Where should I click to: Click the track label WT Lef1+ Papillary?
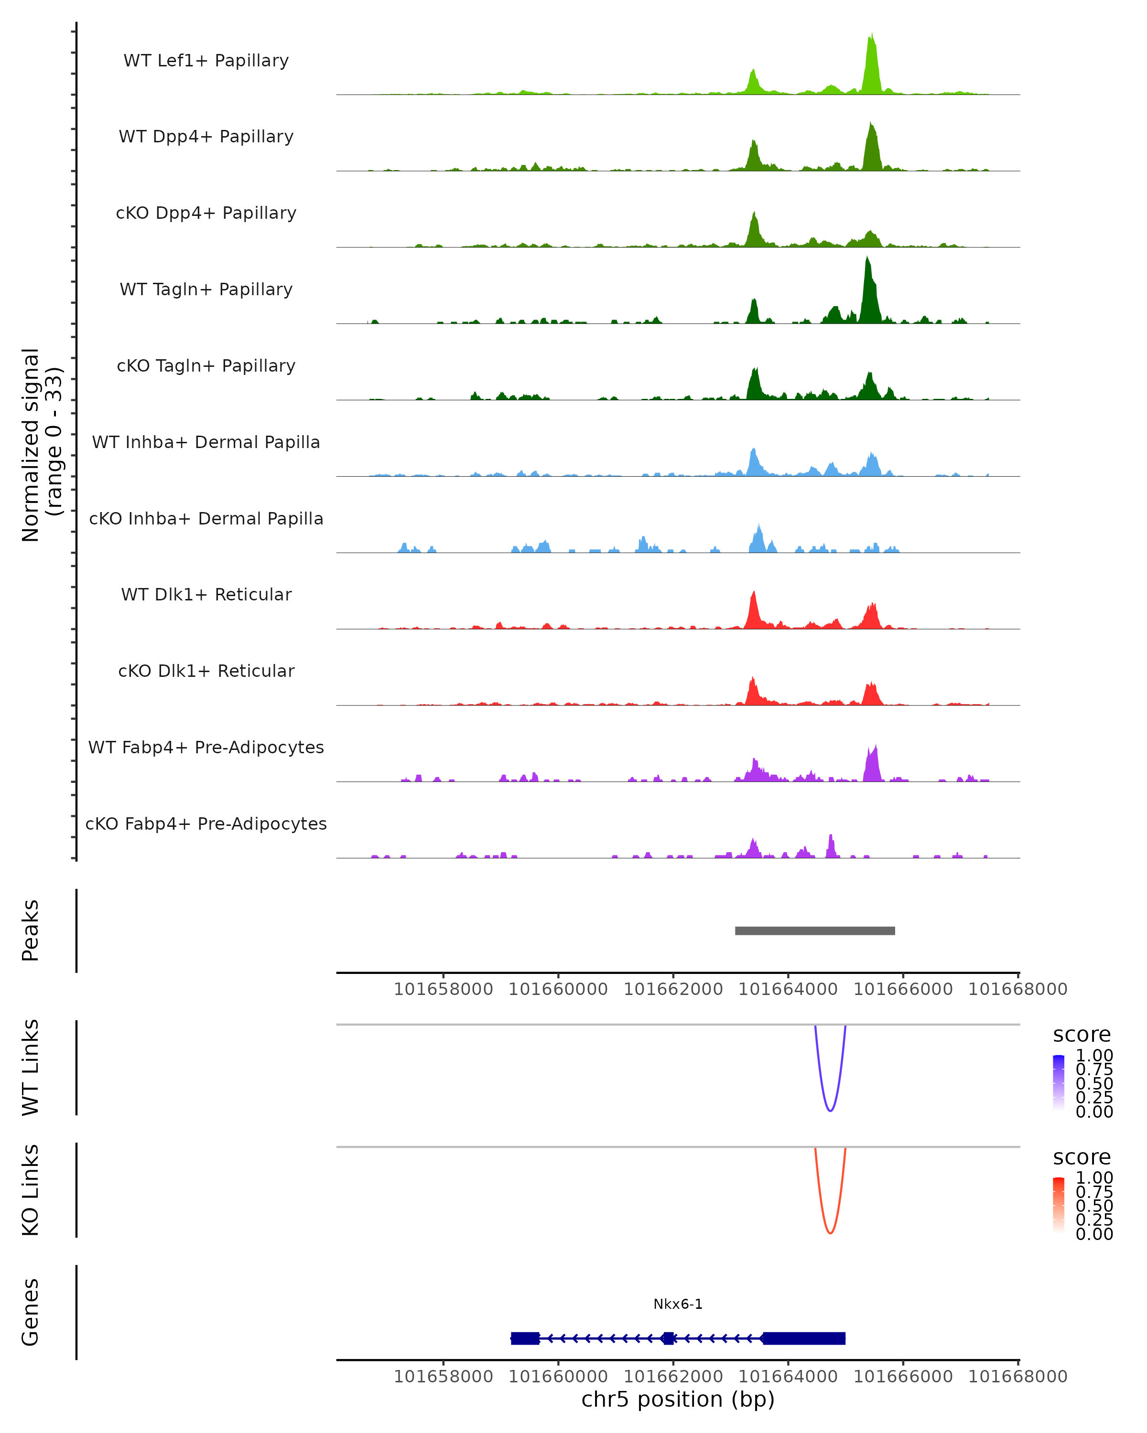[206, 61]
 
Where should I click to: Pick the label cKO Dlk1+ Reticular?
[206, 671]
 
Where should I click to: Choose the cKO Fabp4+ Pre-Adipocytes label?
[206, 823]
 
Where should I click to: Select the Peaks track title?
[31, 930]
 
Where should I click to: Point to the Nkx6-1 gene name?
[678, 1304]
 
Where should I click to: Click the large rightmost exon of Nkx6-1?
[804, 1338]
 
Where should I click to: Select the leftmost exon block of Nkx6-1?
[525, 1338]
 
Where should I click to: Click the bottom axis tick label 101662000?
[673, 1377]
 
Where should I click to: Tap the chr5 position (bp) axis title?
[678, 1400]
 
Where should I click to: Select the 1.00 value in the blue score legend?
[1094, 1056]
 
